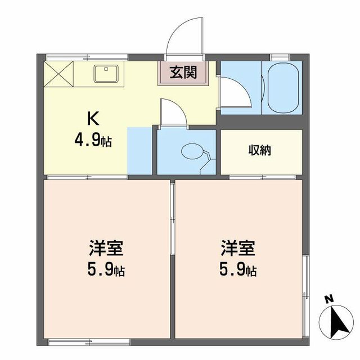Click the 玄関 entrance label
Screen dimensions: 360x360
184,73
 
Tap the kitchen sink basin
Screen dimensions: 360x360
105,73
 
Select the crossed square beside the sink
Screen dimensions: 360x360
58,74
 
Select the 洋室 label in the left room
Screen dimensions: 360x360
106,247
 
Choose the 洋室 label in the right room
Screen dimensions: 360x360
237,247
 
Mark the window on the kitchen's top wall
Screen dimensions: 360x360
87,57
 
